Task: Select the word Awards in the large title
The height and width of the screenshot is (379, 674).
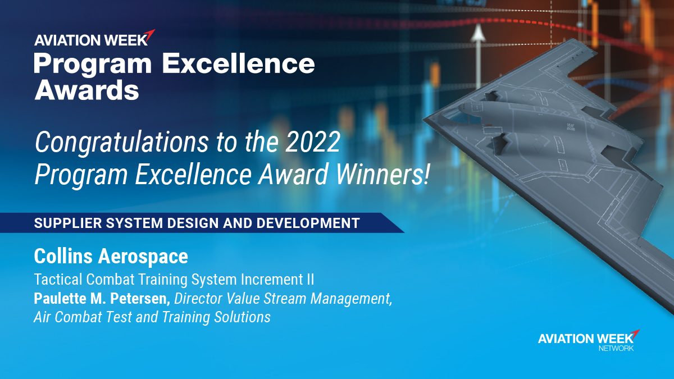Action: [x=86, y=89]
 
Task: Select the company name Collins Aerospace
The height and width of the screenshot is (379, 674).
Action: [x=111, y=257]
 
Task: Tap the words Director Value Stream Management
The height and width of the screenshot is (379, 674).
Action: [x=283, y=298]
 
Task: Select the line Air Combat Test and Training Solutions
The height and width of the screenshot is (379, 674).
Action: [x=152, y=317]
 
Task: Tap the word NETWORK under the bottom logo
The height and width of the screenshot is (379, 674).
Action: [x=616, y=349]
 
